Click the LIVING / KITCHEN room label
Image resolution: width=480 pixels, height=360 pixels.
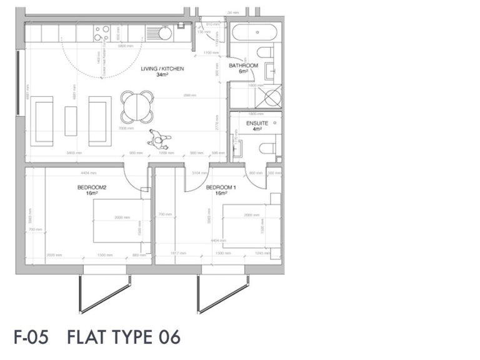point(162,69)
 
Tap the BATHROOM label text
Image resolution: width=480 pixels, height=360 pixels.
point(243,65)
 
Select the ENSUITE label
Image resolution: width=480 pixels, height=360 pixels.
point(257,123)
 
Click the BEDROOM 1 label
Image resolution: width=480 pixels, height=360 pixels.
point(221,187)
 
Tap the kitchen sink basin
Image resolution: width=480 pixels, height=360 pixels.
point(164,33)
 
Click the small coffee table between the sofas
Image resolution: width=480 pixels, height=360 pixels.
point(71,121)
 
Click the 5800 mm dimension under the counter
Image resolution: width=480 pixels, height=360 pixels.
point(124,46)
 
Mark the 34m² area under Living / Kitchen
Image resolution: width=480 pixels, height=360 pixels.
point(162,75)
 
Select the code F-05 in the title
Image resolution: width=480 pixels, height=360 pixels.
point(31,337)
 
